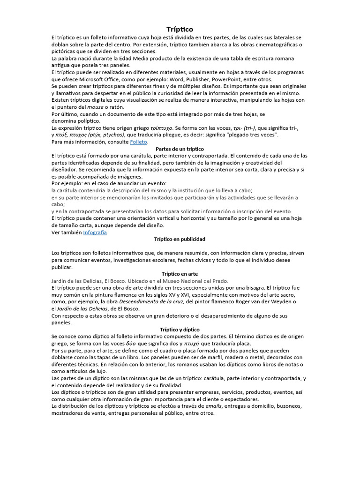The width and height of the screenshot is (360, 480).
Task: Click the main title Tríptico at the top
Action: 180,30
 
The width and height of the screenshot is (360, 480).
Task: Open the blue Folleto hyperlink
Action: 139,142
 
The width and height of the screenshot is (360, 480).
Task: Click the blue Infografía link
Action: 95,232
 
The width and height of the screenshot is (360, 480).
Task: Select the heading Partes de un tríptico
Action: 180,149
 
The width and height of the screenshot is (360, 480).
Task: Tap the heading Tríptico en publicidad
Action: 180,239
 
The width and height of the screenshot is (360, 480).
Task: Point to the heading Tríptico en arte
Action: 180,274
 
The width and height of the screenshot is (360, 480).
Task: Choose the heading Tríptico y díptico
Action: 180,330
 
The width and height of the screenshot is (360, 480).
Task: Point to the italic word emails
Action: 216,406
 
